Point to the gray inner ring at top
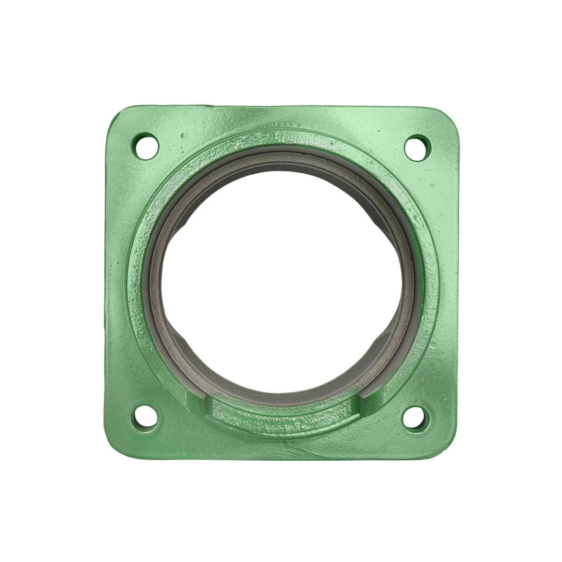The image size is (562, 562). tap(281, 152)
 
